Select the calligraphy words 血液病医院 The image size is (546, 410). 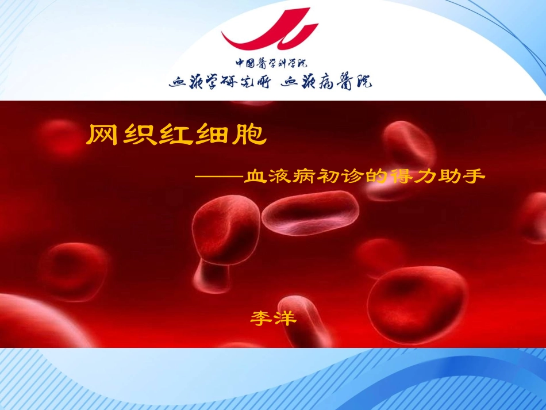pos(326,82)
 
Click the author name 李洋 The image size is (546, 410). pos(274,317)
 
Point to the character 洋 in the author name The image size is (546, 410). pos(286,317)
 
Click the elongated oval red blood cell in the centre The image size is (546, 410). pos(310,213)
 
